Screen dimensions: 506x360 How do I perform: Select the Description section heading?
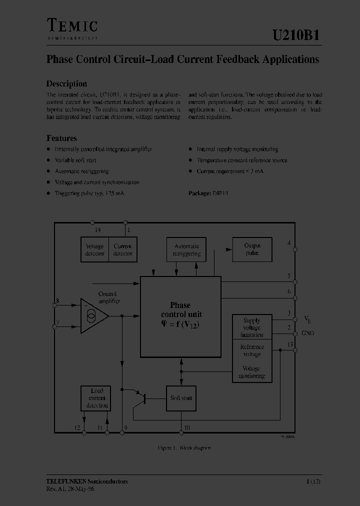pyautogui.click(x=66, y=84)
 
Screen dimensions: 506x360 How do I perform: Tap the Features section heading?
pyautogui.click(x=61, y=138)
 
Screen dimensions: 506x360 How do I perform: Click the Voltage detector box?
pyautogui.click(x=95, y=249)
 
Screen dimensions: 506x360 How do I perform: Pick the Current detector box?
pyautogui.click(x=123, y=249)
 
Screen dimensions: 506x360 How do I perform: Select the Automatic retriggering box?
pyautogui.click(x=186, y=249)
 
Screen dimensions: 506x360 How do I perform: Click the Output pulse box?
pyautogui.click(x=252, y=249)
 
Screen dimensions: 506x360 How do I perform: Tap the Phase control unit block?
pyautogui.click(x=180, y=316)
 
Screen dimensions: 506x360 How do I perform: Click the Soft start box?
pyautogui.click(x=181, y=398)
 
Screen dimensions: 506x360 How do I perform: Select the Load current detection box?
pyautogui.click(x=96, y=398)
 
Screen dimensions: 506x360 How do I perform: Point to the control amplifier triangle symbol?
pyautogui.click(x=94, y=315)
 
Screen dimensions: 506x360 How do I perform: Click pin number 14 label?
pyautogui.click(x=97, y=229)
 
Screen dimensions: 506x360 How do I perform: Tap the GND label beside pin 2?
pyautogui.click(x=307, y=333)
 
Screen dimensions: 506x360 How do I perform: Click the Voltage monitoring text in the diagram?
pyautogui.click(x=252, y=372)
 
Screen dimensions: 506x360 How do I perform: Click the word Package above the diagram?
pyautogui.click(x=199, y=192)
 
